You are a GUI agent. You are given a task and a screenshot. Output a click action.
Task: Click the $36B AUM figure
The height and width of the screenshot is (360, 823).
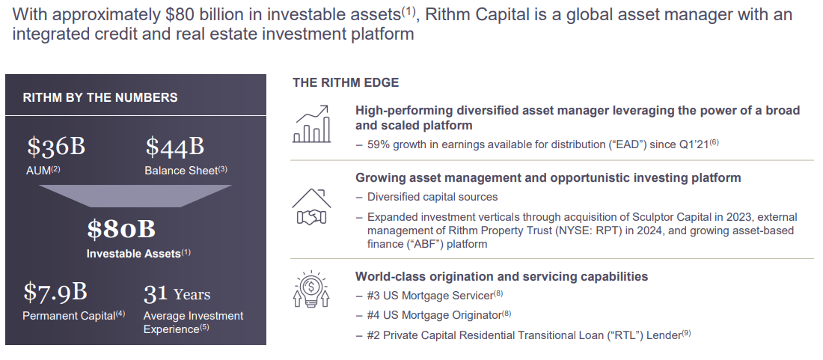tap(56, 147)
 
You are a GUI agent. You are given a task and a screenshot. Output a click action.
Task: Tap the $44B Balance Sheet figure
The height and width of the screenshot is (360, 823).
tap(175, 147)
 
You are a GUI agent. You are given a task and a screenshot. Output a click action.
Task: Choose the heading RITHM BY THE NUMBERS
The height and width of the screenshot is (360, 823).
tap(100, 97)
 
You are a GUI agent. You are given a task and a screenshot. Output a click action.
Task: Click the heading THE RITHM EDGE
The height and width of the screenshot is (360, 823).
tap(346, 82)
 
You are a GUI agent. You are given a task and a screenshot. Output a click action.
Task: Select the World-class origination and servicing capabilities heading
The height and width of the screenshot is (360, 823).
tap(501, 276)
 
